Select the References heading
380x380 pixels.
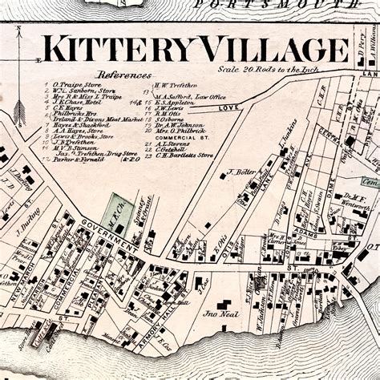point(119,72)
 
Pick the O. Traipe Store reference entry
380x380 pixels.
point(79,83)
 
